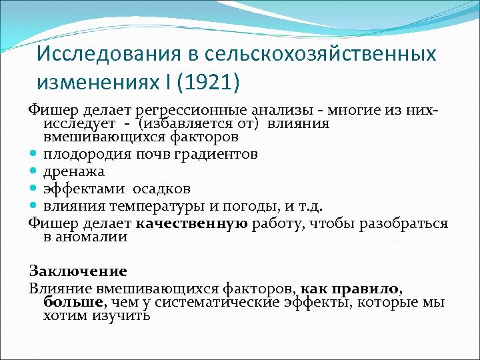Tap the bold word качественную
(194, 223)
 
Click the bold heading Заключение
(78, 271)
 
